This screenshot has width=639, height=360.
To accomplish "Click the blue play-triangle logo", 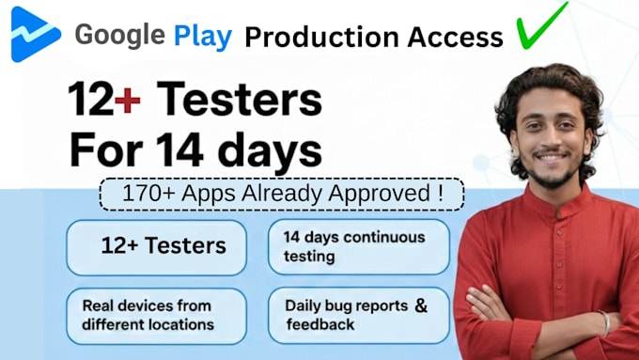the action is [35, 34].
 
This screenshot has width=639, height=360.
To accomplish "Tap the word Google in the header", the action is [120, 36].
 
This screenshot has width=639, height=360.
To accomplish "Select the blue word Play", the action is [203, 37].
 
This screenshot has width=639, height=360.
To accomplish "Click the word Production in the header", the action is [321, 37].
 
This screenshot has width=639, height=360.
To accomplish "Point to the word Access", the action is [455, 37].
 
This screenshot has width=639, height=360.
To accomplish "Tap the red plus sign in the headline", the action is [128, 101].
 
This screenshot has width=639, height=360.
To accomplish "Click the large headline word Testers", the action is [240, 99].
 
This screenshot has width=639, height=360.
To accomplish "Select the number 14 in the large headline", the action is [179, 149].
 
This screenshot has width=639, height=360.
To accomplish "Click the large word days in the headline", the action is [270, 151].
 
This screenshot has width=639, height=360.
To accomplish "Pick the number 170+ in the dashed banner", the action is [148, 193].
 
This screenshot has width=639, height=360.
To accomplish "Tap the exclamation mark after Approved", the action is [442, 193].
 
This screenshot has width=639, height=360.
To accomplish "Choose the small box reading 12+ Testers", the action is [157, 247].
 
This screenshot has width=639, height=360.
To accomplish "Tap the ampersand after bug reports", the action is [421, 305].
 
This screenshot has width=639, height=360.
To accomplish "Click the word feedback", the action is [320, 324].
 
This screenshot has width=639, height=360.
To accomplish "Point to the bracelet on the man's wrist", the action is [604, 323].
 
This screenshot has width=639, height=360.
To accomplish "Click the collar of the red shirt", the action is [556, 199].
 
